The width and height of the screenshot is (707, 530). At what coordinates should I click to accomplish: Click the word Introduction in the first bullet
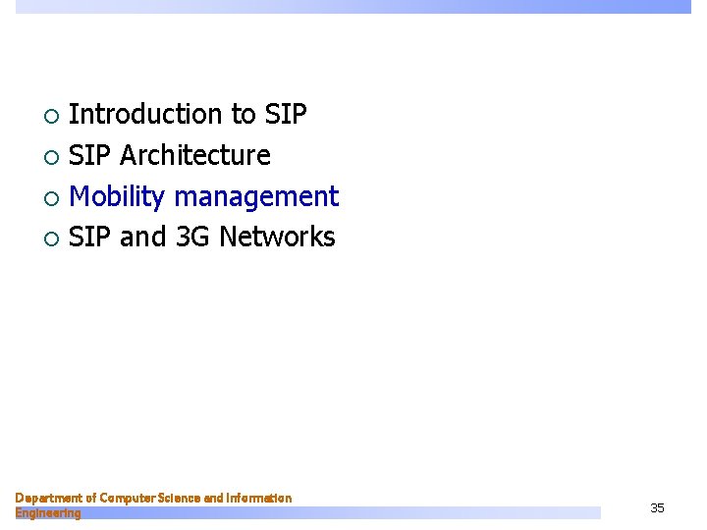[146, 115]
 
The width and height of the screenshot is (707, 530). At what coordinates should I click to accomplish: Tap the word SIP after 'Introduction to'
[286, 115]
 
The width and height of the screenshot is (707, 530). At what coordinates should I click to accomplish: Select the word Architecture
[194, 156]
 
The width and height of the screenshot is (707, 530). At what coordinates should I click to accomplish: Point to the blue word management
[256, 197]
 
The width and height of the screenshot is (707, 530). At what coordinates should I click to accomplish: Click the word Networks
[277, 238]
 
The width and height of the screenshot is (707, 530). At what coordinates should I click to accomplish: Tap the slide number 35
[657, 507]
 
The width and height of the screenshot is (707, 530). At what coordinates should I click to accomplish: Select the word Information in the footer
[259, 499]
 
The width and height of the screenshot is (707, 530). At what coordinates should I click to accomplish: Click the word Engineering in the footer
[48, 513]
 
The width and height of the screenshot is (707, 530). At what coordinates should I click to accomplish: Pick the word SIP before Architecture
[91, 156]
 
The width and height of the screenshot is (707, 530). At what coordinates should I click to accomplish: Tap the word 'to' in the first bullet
[243, 115]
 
